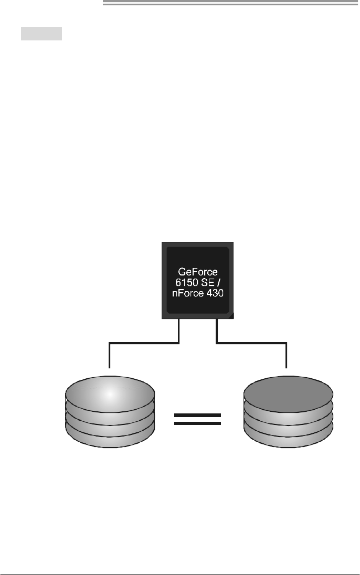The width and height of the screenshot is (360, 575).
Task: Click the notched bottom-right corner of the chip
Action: click(231, 316)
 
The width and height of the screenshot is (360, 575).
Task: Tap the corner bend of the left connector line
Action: click(109, 344)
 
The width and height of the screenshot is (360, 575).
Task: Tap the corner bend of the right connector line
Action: click(287, 344)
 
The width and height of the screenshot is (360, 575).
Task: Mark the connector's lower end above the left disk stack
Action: click(109, 366)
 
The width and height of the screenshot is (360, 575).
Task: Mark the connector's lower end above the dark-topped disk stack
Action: click(287, 366)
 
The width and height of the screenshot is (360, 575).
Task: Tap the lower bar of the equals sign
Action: click(197, 424)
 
